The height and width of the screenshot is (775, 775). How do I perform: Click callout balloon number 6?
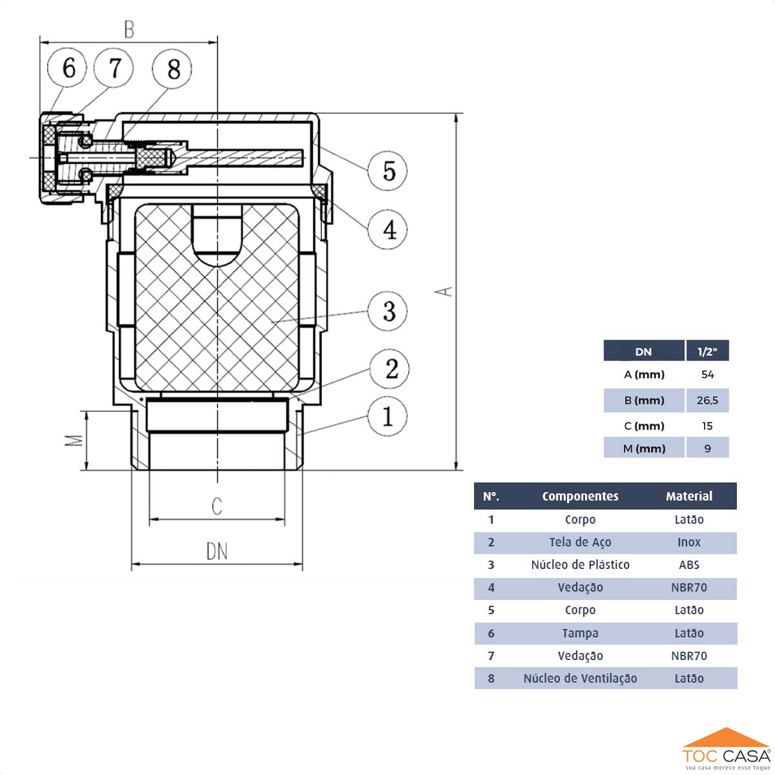pos(68,68)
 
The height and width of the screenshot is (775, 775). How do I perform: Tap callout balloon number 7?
pos(114,68)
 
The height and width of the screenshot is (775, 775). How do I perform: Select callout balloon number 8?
pos(172,68)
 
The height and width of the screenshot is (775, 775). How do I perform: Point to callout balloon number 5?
pos(387,171)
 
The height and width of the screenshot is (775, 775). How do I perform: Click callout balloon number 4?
pos(387,229)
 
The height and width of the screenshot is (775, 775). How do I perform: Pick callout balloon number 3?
pos(387,311)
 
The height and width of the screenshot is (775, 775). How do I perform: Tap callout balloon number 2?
pos(390,369)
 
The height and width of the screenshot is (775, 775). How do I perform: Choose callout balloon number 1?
pos(387,416)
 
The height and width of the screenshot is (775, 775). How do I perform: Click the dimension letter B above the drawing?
pos(129,30)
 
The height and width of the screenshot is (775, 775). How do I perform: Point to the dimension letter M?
pos(76,440)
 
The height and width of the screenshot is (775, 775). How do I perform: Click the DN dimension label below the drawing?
pos(217,552)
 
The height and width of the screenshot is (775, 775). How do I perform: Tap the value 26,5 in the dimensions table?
pos(707,400)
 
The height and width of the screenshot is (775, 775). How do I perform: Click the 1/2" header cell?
pos(707,351)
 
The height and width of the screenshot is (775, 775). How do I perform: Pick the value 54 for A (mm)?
pos(707,375)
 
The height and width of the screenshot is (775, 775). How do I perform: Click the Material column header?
pos(689,496)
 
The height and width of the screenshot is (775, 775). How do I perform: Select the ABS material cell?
pos(689,564)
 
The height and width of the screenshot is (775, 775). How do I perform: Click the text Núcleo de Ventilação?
pos(580,678)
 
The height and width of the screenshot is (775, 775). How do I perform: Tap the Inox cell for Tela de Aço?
pos(689,542)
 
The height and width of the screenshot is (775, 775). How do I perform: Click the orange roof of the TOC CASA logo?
pos(727,738)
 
